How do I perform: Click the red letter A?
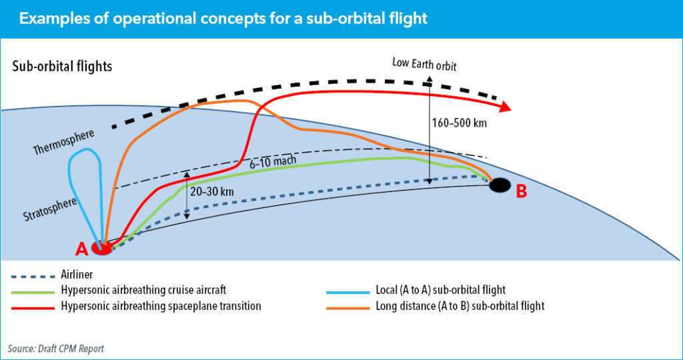click(81, 249)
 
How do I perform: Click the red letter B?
click(522, 192)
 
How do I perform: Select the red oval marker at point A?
click(102, 249)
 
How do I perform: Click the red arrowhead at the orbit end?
click(504, 107)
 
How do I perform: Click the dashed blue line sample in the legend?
click(32, 275)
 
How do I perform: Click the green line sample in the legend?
click(32, 291)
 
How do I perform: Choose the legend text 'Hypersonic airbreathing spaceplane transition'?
click(161, 306)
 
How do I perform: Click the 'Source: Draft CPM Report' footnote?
click(56, 349)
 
